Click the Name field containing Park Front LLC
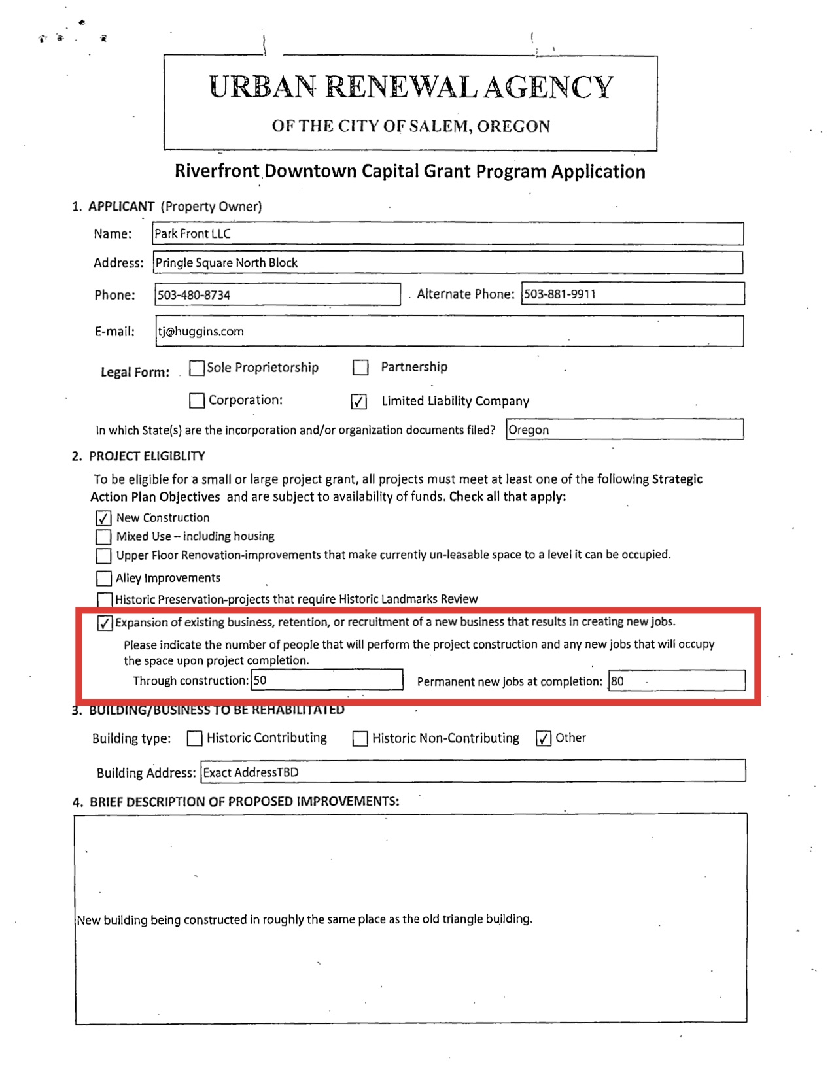(447, 233)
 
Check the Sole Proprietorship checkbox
(196, 368)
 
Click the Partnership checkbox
(360, 368)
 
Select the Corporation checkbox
(196, 400)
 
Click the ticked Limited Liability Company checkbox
(359, 402)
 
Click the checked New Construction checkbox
(103, 519)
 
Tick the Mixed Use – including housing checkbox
(103, 537)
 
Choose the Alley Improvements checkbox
(103, 578)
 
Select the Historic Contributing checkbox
(194, 738)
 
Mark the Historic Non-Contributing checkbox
(360, 739)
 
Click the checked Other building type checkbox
(543, 738)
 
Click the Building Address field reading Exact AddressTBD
(472, 772)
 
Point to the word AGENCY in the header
(548, 88)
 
